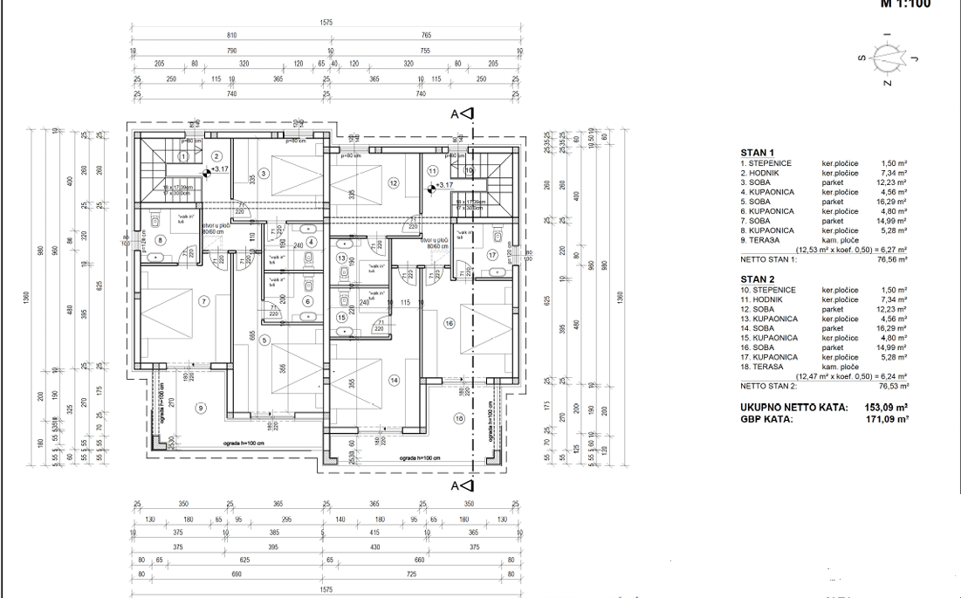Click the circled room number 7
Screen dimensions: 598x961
click(204, 302)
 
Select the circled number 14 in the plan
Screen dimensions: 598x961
click(395, 380)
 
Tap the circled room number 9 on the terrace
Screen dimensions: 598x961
click(200, 407)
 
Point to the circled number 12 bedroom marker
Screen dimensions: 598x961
click(394, 183)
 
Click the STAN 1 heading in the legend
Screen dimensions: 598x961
click(758, 153)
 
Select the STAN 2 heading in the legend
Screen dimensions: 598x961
click(758, 278)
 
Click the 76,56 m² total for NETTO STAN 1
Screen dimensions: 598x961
click(891, 259)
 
